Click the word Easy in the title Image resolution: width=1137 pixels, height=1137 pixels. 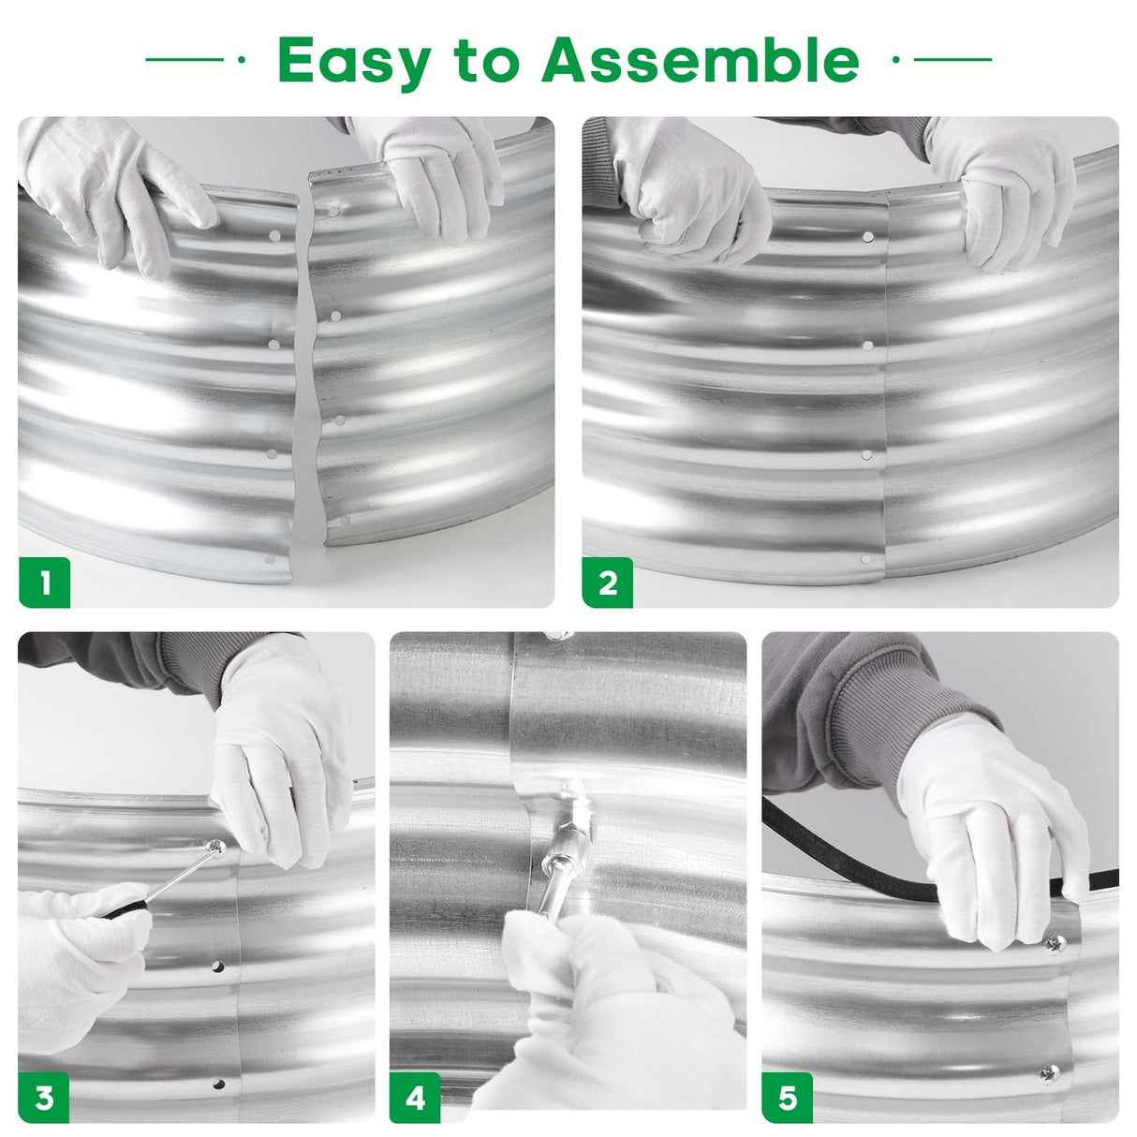(x=354, y=62)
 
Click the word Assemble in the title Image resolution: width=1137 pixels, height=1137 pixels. (x=701, y=60)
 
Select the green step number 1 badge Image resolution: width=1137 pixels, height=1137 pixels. (x=45, y=583)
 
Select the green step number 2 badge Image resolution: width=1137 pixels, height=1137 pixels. (x=608, y=583)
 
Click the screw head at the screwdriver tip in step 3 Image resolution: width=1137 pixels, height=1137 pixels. (x=216, y=846)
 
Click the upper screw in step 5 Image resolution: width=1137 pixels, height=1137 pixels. (x=1055, y=944)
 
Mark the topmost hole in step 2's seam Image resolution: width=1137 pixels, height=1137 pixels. (x=868, y=237)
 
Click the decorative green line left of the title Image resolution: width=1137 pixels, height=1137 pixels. (x=185, y=60)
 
